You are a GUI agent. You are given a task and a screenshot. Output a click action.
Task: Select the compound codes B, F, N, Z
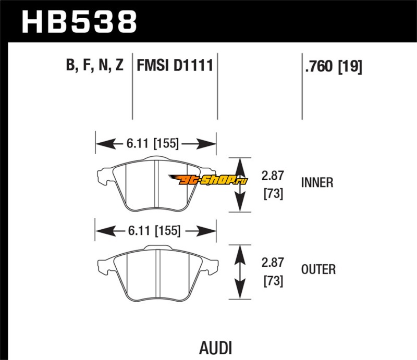[x=94, y=66]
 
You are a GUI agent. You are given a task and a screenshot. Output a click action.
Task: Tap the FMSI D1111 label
[x=174, y=66]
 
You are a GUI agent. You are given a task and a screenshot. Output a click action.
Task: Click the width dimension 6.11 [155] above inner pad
[x=155, y=142]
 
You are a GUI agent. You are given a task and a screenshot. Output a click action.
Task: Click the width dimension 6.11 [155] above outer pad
[x=155, y=229]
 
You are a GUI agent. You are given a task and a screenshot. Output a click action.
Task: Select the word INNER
[x=317, y=183]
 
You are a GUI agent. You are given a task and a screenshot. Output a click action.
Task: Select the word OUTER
[x=318, y=269]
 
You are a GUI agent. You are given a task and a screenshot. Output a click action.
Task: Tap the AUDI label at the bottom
[x=215, y=347]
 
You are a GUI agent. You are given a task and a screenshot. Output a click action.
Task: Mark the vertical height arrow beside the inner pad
[x=239, y=184]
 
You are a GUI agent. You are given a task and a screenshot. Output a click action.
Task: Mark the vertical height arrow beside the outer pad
[x=239, y=272]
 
